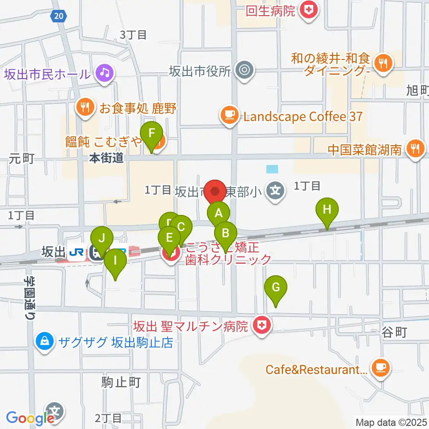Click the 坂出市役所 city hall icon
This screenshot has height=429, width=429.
244,70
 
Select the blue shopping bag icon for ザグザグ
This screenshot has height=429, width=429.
45,342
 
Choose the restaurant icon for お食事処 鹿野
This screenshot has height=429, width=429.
85,108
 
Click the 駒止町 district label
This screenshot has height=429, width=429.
121,383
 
